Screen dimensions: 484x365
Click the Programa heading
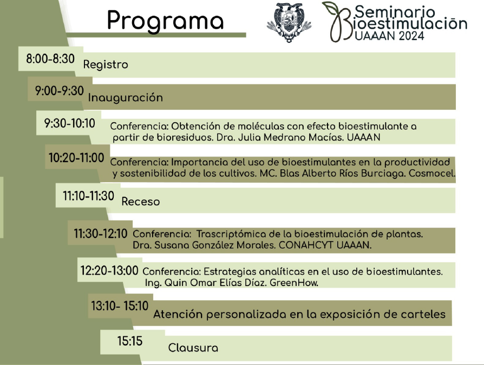(165, 21)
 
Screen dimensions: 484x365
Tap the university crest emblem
(289, 23)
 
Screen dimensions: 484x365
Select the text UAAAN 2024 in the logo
(390, 36)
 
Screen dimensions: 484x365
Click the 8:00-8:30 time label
(50, 58)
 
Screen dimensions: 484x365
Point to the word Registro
(106, 65)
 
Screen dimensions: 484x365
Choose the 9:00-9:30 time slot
(59, 91)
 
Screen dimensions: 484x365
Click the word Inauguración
(125, 97)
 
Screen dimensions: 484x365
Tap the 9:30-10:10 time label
(69, 123)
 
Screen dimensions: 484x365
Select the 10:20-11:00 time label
(76, 158)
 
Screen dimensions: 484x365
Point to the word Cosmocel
(432, 173)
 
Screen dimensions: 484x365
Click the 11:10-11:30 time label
(89, 196)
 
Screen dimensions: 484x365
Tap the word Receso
(141, 202)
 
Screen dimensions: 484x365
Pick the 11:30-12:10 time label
(100, 234)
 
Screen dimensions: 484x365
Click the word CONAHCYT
(306, 245)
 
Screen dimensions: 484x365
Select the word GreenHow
(294, 283)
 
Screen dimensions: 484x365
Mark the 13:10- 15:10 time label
(120, 306)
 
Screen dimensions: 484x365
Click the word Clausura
(193, 348)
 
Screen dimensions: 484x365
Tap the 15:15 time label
(129, 341)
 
